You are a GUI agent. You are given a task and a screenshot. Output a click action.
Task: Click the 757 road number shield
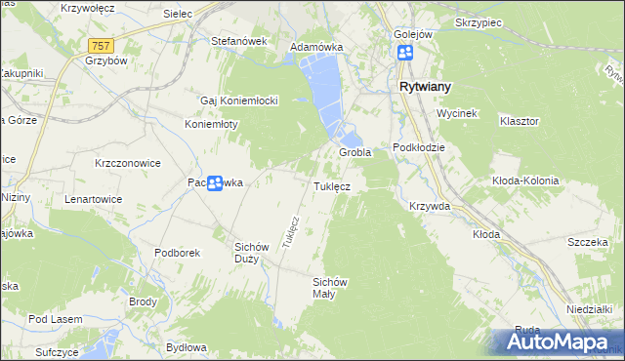pos(100,46)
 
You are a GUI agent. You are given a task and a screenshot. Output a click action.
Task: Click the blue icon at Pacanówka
pos(215,182)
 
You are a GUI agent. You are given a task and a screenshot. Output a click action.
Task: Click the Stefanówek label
pos(239,42)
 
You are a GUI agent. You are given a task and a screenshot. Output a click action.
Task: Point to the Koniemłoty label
pos(213,125)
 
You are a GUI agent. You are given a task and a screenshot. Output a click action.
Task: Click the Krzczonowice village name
pos(128,163)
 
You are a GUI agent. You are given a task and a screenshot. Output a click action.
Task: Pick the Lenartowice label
pos(93,198)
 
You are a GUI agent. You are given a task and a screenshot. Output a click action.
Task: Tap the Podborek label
pos(177,253)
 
